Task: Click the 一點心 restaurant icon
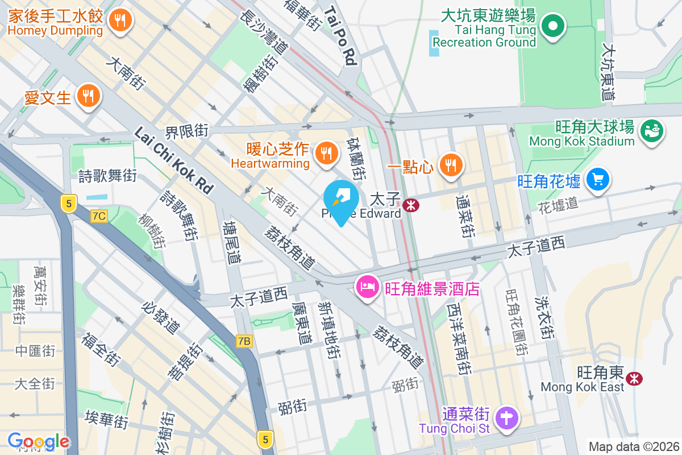click(x=452, y=166)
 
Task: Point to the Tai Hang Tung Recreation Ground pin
click(x=551, y=26)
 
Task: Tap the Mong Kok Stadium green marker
click(x=651, y=130)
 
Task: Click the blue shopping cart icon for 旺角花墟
click(x=597, y=180)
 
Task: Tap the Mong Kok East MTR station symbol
click(x=634, y=378)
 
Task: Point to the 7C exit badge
click(x=99, y=216)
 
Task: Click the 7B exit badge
click(x=244, y=341)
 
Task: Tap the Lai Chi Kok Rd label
click(x=173, y=160)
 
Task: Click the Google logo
click(x=39, y=441)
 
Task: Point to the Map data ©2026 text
click(x=634, y=446)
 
